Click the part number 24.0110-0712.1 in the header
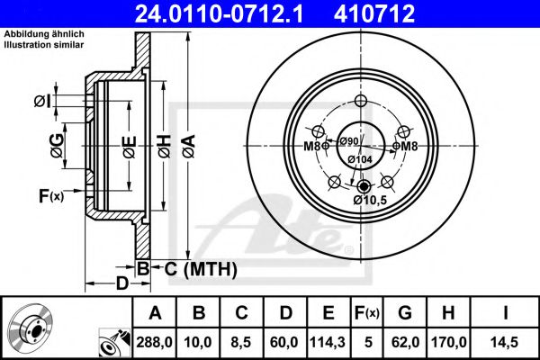[x=219, y=13]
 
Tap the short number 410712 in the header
[x=374, y=13]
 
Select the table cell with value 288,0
[x=154, y=342]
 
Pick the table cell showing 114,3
[x=328, y=342]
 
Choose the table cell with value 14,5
[x=505, y=342]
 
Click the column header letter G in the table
[x=405, y=313]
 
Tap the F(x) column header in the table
[x=367, y=313]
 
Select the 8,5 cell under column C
[x=241, y=342]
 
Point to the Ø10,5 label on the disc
[x=370, y=200]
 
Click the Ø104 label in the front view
[x=360, y=159]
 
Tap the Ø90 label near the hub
[x=349, y=141]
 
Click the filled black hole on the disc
[x=364, y=186]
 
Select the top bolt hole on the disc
[x=360, y=101]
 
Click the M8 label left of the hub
[x=312, y=147]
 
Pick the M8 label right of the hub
[x=409, y=147]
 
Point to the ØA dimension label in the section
[x=189, y=146]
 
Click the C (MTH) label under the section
[x=201, y=269]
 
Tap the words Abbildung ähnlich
[x=44, y=34]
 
